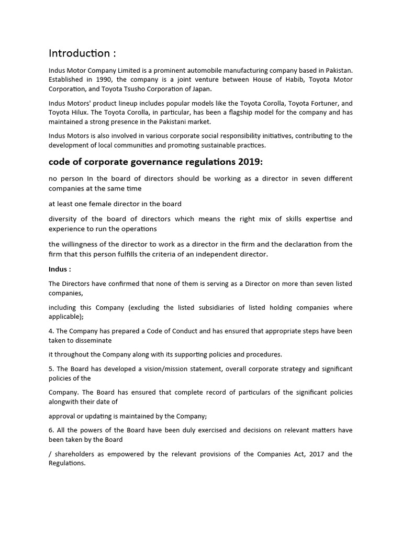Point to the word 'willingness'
(84, 244)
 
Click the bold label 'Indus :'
(60, 269)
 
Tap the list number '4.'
(52, 331)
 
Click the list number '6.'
(52, 430)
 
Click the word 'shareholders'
(75, 454)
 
